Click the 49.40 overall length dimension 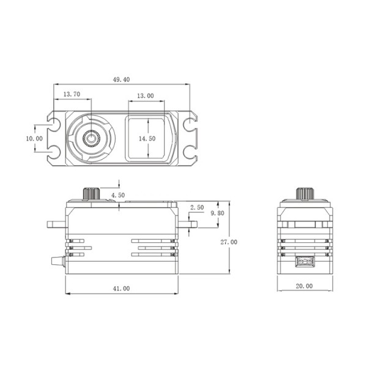[x=121, y=80]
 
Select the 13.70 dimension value [x=72, y=94]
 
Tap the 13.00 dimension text [x=146, y=96]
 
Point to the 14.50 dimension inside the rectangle [x=147, y=139]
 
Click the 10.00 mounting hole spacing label [x=34, y=139]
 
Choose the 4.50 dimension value [x=118, y=195]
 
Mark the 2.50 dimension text [x=197, y=207]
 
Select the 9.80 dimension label [x=217, y=213]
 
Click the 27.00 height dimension [x=229, y=242]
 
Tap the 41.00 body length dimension [x=121, y=289]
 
